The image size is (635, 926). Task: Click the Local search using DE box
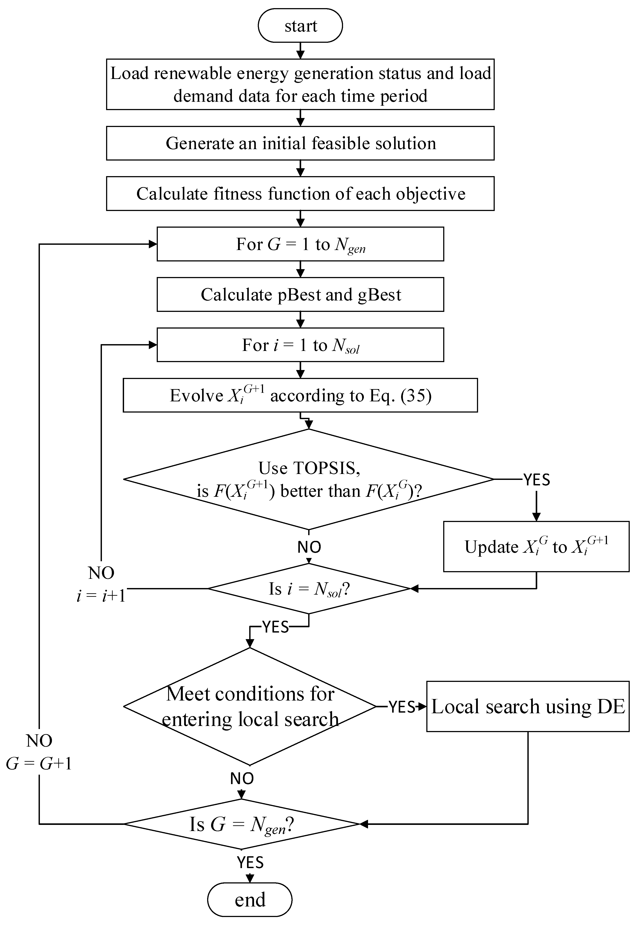pyautogui.click(x=528, y=706)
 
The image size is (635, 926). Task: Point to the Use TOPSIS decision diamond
pyautogui.click(x=309, y=479)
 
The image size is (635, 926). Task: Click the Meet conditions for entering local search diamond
pyautogui.click(x=250, y=706)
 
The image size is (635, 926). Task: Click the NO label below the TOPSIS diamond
pyautogui.click(x=309, y=547)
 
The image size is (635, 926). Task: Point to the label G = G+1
pyautogui.click(x=39, y=763)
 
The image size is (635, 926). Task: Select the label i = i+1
pyautogui.click(x=101, y=596)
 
